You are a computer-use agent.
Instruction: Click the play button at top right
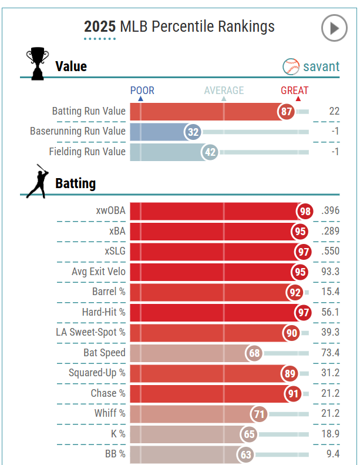[x=334, y=28]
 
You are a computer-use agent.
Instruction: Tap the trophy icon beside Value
[x=37, y=64]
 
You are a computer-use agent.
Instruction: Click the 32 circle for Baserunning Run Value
[x=193, y=132]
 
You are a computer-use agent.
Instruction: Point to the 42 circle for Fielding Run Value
[x=210, y=152]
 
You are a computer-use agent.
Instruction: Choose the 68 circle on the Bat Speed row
[x=254, y=353]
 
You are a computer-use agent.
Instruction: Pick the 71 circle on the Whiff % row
[x=259, y=414]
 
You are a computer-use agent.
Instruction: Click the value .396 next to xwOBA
[x=330, y=211]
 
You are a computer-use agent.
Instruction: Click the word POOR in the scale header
[x=142, y=91]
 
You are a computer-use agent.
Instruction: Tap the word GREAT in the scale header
[x=294, y=91]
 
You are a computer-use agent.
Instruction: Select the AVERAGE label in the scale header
[x=224, y=91]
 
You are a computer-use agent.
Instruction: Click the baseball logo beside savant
[x=291, y=66]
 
